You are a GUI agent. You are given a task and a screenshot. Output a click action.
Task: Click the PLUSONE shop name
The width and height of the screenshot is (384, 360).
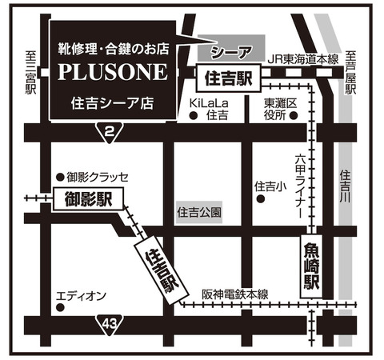click(112, 72)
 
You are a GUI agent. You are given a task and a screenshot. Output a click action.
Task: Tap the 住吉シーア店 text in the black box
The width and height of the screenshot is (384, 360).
click(112, 102)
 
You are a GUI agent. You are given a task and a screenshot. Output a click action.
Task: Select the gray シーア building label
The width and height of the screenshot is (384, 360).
click(232, 51)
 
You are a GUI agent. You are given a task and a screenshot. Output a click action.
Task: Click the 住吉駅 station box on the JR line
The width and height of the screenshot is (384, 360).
click(229, 78)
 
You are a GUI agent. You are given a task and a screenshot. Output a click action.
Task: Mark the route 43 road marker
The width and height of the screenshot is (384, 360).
click(110, 323)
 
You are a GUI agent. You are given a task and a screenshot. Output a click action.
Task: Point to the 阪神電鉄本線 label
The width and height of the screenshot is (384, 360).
click(234, 294)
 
